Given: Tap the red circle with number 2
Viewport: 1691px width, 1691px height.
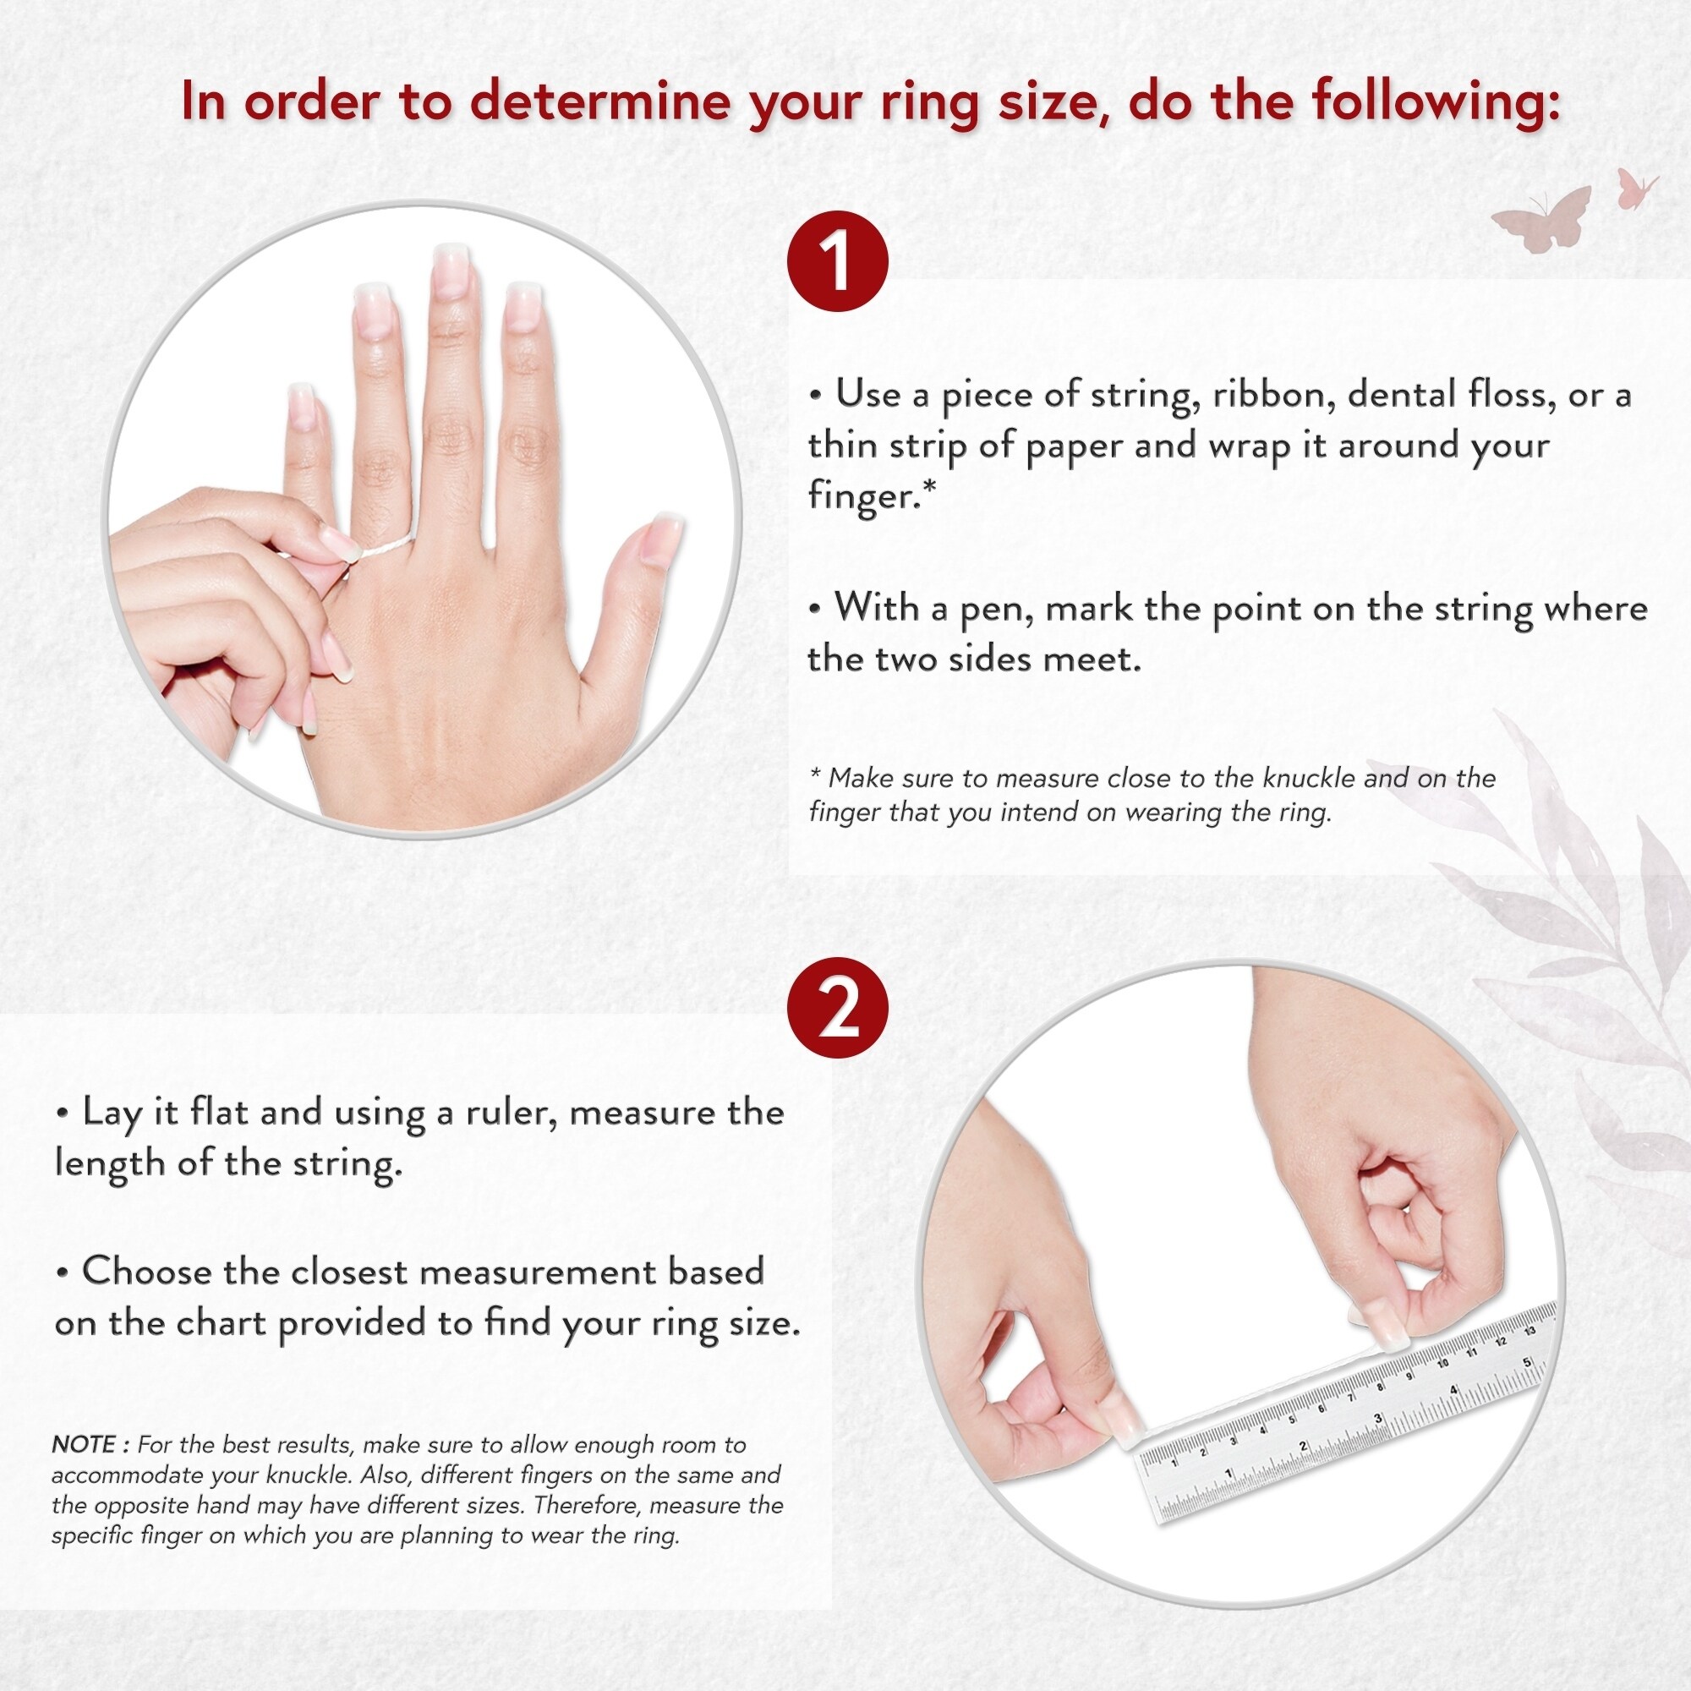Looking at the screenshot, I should tap(838, 1009).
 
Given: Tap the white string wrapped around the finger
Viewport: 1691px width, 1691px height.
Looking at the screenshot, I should tap(382, 547).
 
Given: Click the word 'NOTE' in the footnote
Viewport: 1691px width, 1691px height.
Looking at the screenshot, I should tap(83, 1443).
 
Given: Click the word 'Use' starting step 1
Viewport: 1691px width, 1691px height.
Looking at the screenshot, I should tap(867, 395).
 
